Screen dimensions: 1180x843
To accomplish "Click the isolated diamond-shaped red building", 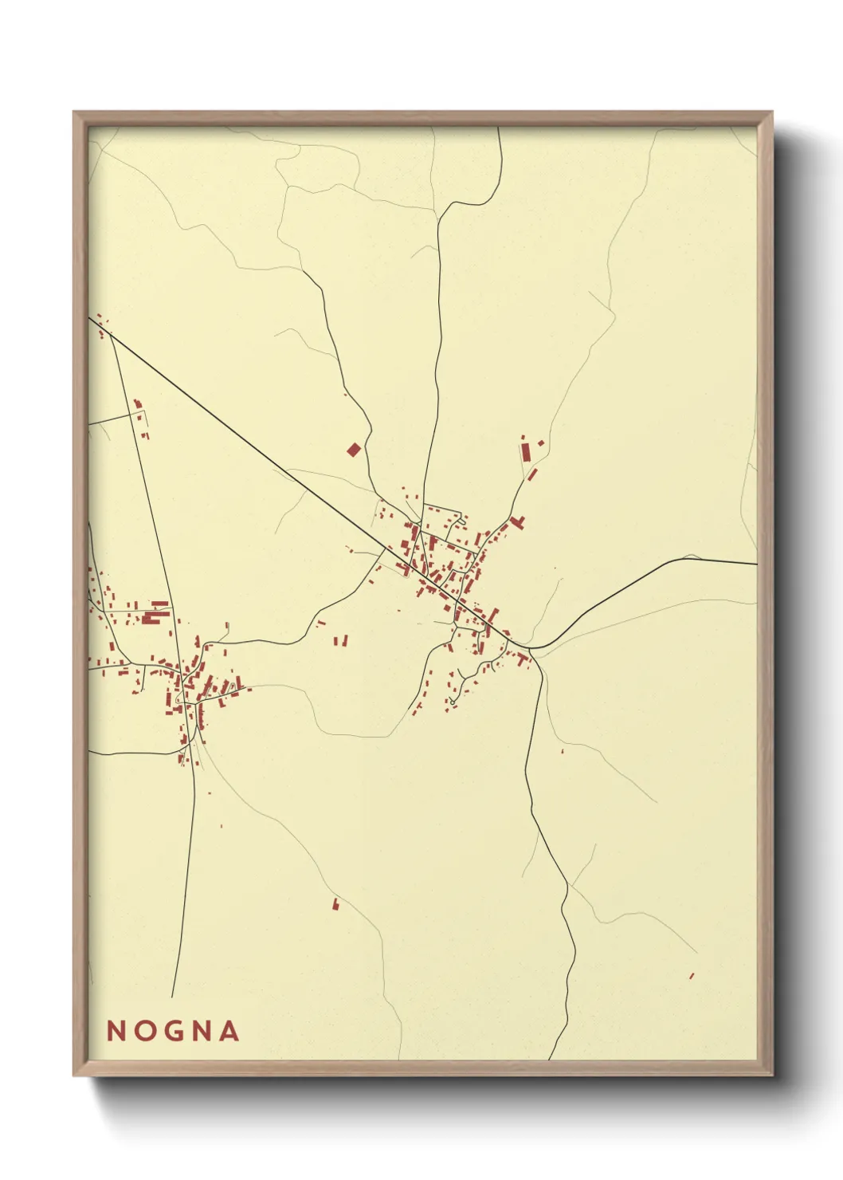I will (354, 450).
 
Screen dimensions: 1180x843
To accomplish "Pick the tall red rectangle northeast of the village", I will (526, 452).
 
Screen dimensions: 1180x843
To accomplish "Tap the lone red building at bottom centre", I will (335, 904).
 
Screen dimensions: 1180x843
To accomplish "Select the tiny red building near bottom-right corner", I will (692, 975).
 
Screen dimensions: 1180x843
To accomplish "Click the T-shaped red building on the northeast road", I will (517, 523).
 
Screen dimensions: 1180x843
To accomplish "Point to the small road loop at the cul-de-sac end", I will (451, 702).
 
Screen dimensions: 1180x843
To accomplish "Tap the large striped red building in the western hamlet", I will (155, 616).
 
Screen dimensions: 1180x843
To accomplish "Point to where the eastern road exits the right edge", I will (755, 564).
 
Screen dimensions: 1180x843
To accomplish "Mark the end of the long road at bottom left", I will (172, 997).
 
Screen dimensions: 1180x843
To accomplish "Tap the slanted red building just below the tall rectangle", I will (532, 474).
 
